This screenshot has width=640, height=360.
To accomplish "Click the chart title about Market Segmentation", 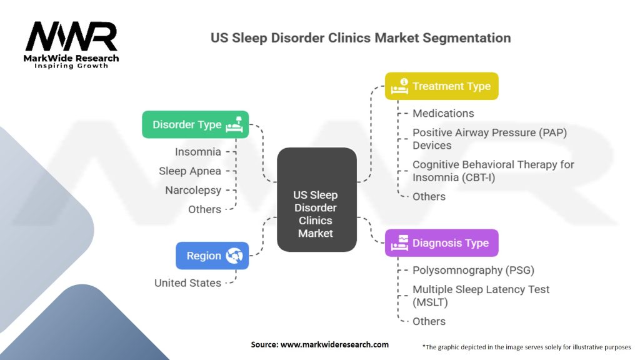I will tap(361, 37).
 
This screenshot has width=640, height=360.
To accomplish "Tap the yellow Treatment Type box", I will tap(441, 86).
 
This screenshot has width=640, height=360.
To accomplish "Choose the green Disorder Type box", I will tap(195, 124).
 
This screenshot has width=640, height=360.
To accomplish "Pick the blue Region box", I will tap(212, 256).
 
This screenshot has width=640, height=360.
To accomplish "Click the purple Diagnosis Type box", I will tap(441, 243).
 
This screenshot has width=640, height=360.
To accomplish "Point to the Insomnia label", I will tap(197, 152).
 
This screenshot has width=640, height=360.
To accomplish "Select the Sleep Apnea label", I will tap(190, 171).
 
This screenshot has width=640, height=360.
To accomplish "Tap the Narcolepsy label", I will tap(192, 190).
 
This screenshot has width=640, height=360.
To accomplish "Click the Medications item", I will tap(443, 113).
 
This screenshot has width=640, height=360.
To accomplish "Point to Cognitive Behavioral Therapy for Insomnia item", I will tap(492, 171).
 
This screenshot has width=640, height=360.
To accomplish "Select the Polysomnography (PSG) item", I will tap(473, 270).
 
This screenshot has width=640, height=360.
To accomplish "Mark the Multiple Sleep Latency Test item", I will tap(481, 296).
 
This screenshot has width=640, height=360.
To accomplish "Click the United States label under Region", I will tap(187, 283).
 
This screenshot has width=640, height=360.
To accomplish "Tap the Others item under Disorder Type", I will tap(204, 209).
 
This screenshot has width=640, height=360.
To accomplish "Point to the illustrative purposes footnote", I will tap(526, 346).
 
